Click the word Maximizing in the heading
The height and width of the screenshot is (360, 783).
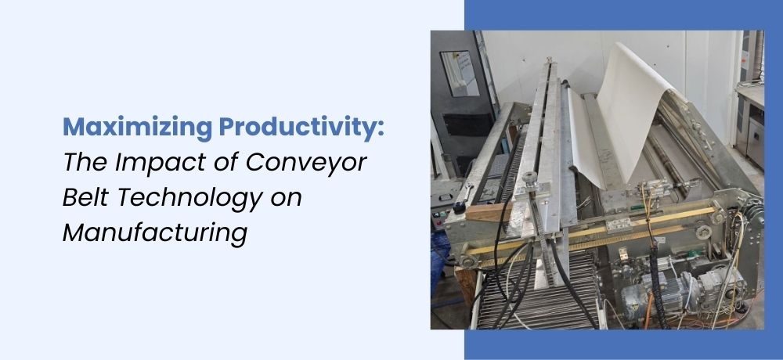pos(137,127)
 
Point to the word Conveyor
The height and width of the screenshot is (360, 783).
pos(306,164)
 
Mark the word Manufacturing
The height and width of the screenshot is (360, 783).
pos(155,233)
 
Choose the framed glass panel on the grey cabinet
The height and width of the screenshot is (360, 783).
pos(459,74)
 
